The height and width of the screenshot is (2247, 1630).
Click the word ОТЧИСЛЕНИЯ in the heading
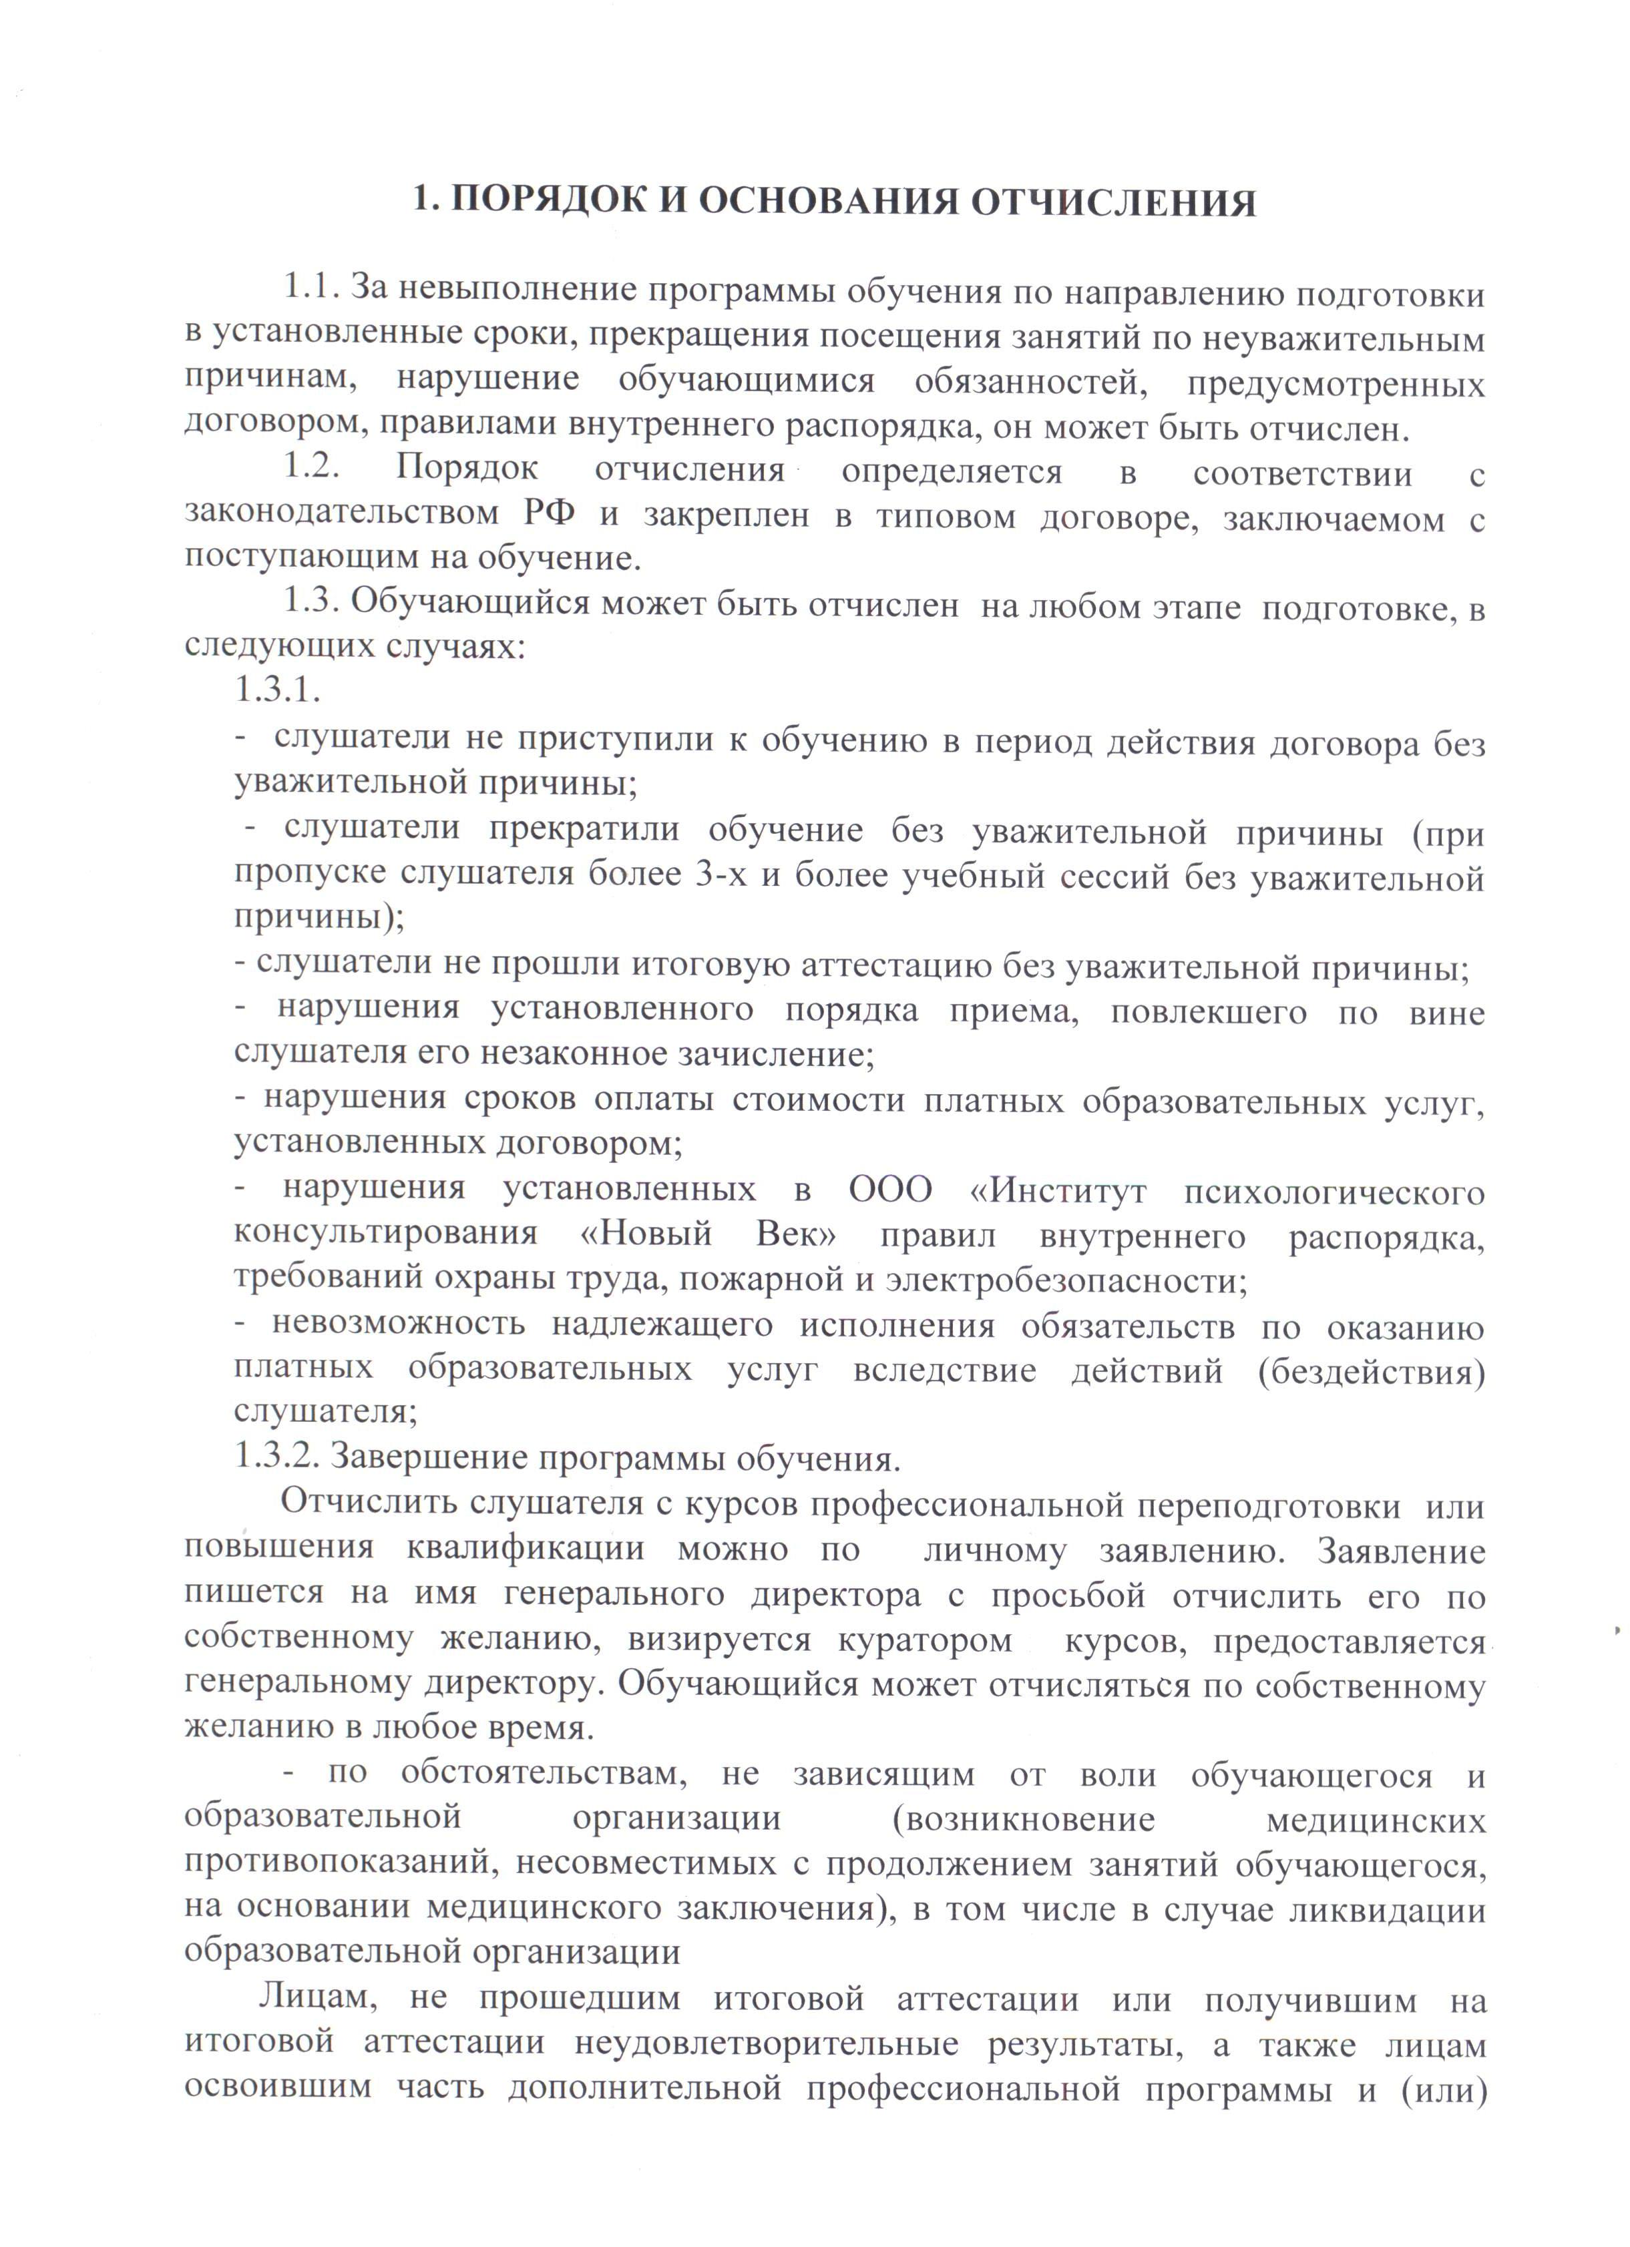[x=1112, y=202]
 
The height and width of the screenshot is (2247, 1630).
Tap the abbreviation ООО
[x=891, y=1189]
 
